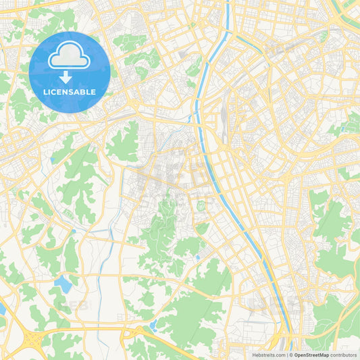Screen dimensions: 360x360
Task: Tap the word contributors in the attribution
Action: pyautogui.click(x=343, y=355)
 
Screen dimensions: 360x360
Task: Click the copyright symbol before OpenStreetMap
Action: pyautogui.click(x=290, y=355)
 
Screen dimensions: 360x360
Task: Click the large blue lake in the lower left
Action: pyautogui.click(x=63, y=283)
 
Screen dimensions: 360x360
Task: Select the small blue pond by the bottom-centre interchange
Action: pyautogui.click(x=152, y=326)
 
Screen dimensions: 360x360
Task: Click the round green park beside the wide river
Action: pyautogui.click(x=201, y=205)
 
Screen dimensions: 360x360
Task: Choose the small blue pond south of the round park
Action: pyautogui.click(x=197, y=257)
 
